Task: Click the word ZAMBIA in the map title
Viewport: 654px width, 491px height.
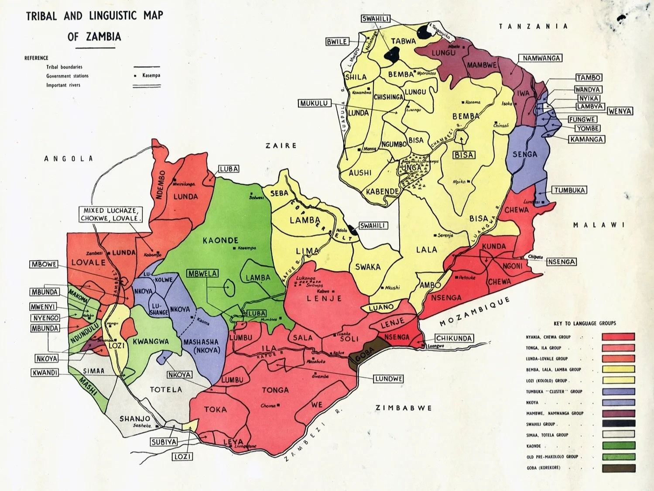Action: [x=103, y=37]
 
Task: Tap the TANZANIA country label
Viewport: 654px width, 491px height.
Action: [x=533, y=26]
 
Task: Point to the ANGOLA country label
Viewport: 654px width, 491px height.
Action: [x=68, y=159]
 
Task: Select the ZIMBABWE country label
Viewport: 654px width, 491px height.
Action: [x=404, y=408]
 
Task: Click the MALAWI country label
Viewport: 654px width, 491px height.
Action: [x=599, y=225]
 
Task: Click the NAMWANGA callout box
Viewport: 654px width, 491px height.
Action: [x=541, y=58]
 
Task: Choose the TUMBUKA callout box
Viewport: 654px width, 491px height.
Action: [x=569, y=190]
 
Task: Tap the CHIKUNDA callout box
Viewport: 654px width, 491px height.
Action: [x=454, y=338]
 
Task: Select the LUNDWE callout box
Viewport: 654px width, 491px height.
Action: [x=388, y=379]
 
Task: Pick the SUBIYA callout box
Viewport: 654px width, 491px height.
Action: [x=164, y=442]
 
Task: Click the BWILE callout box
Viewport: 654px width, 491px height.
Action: [x=337, y=42]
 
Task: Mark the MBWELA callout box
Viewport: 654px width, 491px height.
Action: [x=202, y=274]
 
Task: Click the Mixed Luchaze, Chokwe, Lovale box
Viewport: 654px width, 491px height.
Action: [x=111, y=214]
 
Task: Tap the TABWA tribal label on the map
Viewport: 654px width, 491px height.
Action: [x=403, y=41]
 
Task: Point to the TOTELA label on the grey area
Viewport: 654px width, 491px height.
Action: [x=166, y=389]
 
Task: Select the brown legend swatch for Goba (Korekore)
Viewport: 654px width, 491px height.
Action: [x=618, y=468]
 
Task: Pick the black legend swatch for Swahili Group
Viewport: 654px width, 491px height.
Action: [x=618, y=424]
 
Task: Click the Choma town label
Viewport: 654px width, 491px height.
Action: [x=268, y=405]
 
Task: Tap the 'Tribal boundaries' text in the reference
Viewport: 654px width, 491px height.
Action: [x=64, y=67]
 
